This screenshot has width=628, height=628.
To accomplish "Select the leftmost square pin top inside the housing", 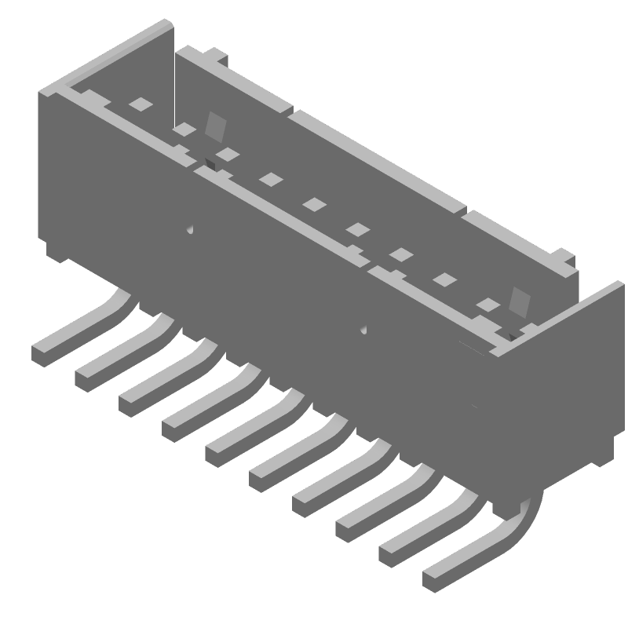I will [140, 103].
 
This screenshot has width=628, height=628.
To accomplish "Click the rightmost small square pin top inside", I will [488, 305].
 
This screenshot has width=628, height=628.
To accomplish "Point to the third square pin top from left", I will [227, 154].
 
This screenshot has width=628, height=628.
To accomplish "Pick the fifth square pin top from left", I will [314, 204].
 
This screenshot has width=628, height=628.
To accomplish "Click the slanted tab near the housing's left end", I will [215, 126].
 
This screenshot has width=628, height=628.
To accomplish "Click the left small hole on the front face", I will [190, 230].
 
